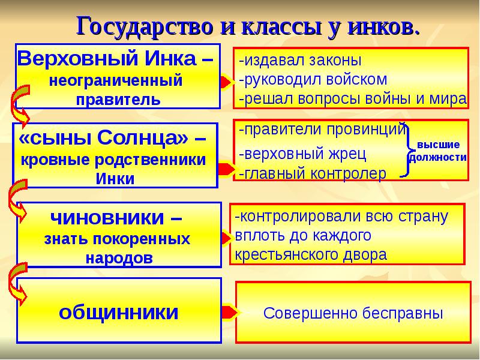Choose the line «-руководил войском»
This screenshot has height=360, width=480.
coord(312,80)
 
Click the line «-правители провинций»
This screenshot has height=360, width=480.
coord(322,129)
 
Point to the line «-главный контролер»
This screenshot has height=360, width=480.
coord(312,173)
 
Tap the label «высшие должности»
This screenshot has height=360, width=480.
coord(438,151)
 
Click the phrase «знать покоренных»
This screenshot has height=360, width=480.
coord(117,239)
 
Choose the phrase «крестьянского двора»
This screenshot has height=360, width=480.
coord(311,254)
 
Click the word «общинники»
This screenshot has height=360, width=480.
coord(118,312)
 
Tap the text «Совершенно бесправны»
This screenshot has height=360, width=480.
coord(353,313)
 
